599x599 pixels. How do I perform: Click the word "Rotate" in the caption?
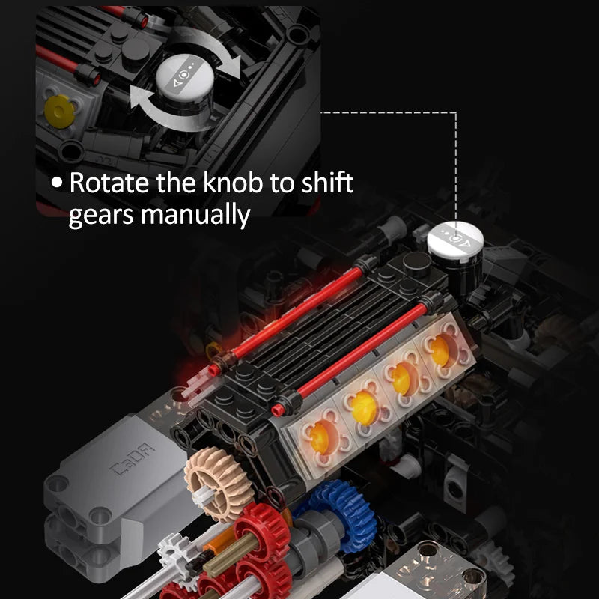tap(109, 183)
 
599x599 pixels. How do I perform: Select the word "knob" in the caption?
tap(233, 182)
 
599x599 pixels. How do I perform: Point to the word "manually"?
tap(195, 215)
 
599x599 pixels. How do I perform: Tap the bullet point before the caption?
tap(57, 182)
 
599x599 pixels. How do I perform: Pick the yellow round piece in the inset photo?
tap(60, 111)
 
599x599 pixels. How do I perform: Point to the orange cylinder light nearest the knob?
tap(440, 350)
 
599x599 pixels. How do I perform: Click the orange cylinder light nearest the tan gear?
tap(320, 437)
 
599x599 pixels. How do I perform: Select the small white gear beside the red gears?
tap(175, 553)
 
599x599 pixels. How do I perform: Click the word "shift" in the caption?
tap(327, 182)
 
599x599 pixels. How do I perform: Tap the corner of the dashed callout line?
tap(456, 113)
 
